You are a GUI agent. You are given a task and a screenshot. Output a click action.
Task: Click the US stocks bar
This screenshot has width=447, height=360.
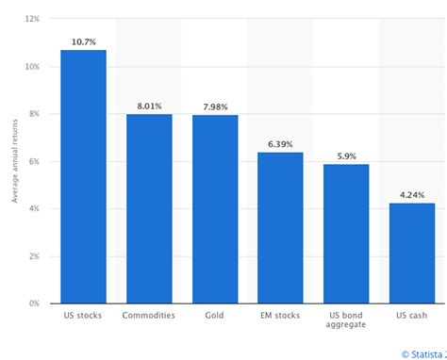click(83, 176)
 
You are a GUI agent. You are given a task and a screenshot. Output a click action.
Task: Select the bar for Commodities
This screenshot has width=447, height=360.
click(149, 208)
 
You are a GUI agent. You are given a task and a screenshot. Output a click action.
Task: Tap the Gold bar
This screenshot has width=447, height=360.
click(215, 208)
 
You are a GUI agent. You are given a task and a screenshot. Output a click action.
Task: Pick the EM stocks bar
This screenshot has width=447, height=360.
click(280, 227)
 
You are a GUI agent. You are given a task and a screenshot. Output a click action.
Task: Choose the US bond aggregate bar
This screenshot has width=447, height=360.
click(346, 234)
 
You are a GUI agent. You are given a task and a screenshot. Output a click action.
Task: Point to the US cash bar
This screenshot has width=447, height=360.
click(412, 253)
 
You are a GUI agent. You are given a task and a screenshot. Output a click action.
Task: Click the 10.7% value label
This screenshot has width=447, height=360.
click(83, 41)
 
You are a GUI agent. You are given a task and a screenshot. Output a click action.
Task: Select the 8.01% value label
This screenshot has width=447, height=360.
click(149, 106)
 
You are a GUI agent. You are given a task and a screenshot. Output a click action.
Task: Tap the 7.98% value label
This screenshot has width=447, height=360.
click(215, 106)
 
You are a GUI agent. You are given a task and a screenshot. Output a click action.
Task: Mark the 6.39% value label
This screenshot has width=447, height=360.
click(280, 144)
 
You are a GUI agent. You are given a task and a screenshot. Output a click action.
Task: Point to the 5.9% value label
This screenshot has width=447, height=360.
click(346, 155)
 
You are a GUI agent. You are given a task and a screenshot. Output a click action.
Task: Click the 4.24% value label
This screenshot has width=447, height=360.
click(412, 195)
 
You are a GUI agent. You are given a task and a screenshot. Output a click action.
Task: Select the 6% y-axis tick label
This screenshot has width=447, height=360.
click(33, 161)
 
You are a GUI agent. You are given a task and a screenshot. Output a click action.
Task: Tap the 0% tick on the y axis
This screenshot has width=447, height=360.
click(33, 303)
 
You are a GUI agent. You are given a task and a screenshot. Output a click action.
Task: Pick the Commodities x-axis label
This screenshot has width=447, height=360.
click(149, 315)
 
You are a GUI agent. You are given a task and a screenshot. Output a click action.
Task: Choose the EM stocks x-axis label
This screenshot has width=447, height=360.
click(280, 315)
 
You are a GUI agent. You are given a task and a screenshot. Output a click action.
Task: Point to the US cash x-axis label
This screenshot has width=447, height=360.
click(412, 315)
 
